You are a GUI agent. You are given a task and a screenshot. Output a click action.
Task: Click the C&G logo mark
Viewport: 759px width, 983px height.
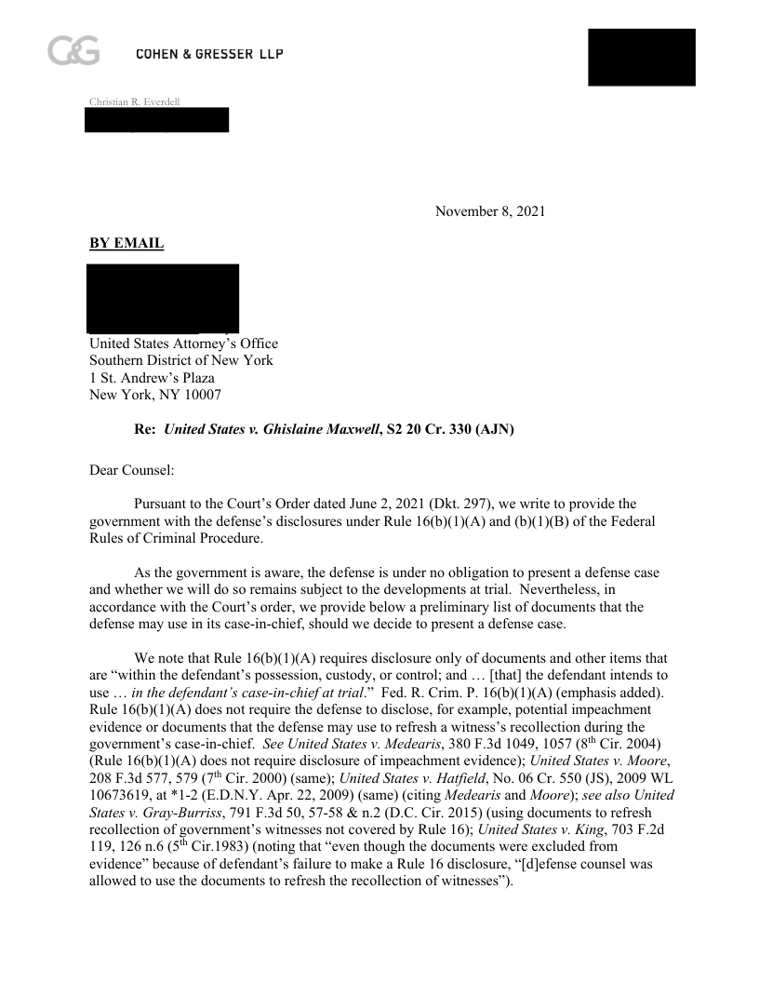coord(73,51)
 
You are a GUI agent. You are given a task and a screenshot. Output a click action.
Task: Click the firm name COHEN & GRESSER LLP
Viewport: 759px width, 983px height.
coord(209,55)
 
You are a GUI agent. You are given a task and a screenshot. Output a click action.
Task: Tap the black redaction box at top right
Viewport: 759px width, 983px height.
coord(642,58)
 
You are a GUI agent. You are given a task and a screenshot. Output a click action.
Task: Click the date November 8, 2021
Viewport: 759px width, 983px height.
coord(490,211)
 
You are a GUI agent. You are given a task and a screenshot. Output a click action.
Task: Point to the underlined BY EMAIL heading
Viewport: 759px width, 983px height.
coord(126,244)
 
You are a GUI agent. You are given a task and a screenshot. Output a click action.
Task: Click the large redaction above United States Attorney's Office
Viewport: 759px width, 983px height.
coord(163,298)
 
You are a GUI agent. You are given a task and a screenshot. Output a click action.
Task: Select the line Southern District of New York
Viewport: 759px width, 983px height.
coord(181,361)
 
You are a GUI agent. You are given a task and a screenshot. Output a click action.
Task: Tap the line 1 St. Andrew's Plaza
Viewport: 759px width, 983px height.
coord(152,378)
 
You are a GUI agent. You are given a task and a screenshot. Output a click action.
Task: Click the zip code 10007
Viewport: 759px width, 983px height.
coord(200,395)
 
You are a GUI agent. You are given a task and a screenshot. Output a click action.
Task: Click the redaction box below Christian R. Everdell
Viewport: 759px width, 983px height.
coord(156,120)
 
